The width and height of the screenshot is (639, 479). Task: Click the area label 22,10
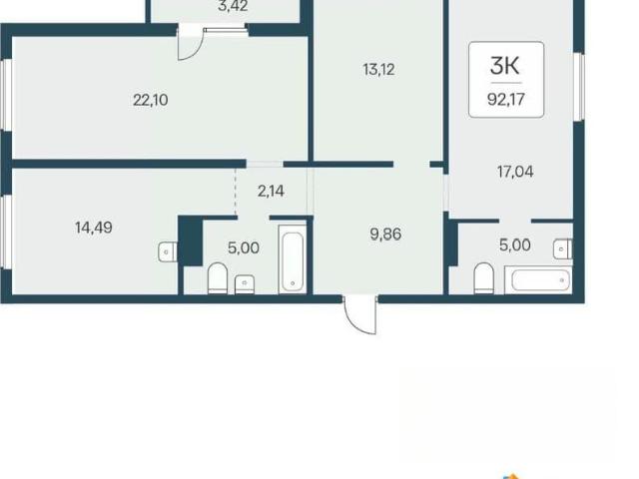coord(151,100)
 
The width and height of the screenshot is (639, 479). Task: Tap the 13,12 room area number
coord(378,70)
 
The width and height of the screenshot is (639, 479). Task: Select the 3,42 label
coord(233,6)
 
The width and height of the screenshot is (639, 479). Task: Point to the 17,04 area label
coord(515,172)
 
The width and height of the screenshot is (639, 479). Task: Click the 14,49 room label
coord(93,228)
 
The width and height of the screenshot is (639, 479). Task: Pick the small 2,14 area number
coord(271,191)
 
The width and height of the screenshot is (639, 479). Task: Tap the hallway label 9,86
coord(385,235)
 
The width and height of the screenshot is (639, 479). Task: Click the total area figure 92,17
coord(506,99)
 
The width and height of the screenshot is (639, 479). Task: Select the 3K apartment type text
coord(505,66)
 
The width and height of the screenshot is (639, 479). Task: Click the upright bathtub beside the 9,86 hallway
coord(293,259)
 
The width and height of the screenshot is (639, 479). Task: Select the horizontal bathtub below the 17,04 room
coord(539,279)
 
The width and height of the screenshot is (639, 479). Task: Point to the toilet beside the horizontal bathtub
coord(484,278)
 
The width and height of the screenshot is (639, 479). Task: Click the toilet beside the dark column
coord(218,278)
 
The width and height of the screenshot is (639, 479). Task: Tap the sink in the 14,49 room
coord(168,251)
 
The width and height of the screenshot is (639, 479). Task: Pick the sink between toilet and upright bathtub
coord(245,284)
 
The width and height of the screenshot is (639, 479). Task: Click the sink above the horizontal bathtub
coord(563,248)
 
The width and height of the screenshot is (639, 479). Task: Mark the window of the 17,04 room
coord(579,87)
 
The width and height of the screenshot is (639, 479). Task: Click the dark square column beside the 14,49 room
coord(191,241)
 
